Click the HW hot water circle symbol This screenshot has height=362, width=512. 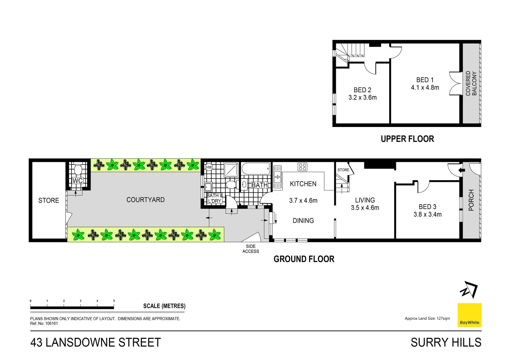click(x=209, y=168)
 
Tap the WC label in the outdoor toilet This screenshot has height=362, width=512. click(x=78, y=181)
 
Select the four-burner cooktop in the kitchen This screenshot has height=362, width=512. click(x=302, y=167)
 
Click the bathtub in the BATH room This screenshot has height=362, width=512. click(x=256, y=169)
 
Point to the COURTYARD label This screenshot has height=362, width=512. click(x=145, y=200)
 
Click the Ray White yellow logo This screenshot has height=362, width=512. click(x=469, y=315)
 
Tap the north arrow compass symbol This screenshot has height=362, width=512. click(x=469, y=290)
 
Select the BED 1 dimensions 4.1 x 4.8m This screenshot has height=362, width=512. click(x=425, y=87)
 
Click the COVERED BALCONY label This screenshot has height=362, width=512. click(x=471, y=83)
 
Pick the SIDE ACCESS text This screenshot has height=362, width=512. click(x=250, y=249)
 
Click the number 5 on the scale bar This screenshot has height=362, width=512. click(x=114, y=301)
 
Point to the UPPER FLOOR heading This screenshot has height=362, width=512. click(x=407, y=139)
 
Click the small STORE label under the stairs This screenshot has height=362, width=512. click(x=343, y=170)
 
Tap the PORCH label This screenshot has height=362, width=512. click(x=471, y=200)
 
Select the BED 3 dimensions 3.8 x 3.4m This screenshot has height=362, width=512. click(x=427, y=214)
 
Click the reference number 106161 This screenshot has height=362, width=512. click(x=51, y=323)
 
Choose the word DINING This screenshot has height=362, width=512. click(x=303, y=221)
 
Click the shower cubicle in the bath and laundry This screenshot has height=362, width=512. click(x=231, y=169)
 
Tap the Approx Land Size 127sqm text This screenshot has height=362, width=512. click(x=427, y=318)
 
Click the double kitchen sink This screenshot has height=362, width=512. click(x=277, y=177)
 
